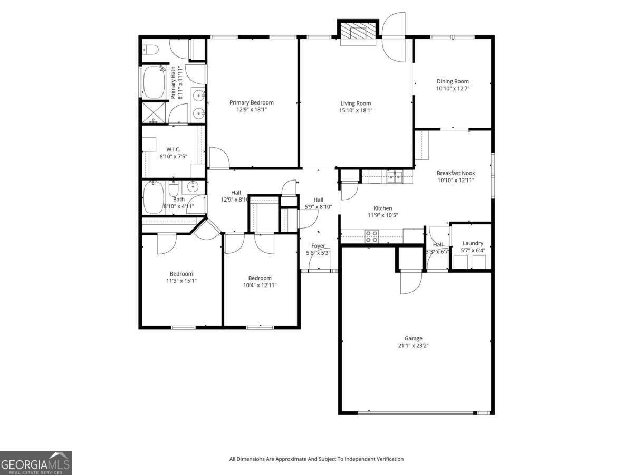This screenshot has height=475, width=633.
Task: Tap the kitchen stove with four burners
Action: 371,236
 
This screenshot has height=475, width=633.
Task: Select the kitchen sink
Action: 394,176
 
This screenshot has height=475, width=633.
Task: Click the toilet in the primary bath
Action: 151,50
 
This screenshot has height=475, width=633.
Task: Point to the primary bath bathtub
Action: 154,82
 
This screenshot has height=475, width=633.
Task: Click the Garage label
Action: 413,338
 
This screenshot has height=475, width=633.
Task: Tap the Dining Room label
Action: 453,81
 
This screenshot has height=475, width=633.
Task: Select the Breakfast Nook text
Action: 456,173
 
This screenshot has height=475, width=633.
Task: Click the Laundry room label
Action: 473,243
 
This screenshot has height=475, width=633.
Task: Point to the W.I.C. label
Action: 174,149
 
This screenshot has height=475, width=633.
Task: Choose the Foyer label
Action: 318,246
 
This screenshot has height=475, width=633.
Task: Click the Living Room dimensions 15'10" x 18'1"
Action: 356,110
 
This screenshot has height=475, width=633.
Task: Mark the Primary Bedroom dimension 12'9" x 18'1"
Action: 252,110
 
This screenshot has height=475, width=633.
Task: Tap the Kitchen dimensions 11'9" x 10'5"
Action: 382,215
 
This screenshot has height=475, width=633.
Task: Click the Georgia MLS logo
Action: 36,463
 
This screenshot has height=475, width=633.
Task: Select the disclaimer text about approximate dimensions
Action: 316,459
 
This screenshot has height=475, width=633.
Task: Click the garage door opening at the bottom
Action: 417,412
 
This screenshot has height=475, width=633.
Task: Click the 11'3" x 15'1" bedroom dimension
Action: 181,281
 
